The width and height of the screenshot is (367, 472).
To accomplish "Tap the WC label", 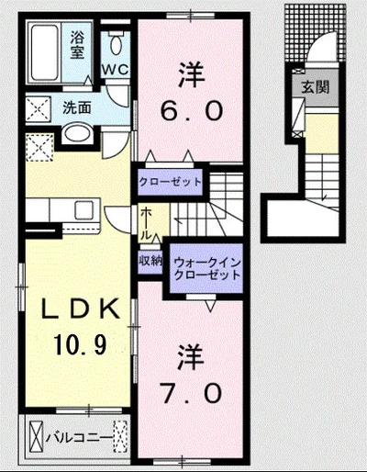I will [115, 69].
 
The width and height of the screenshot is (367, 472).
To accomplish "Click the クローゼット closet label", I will [170, 182].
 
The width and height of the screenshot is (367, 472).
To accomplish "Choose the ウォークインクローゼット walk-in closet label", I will [206, 268].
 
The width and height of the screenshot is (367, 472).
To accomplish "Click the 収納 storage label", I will [151, 261].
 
